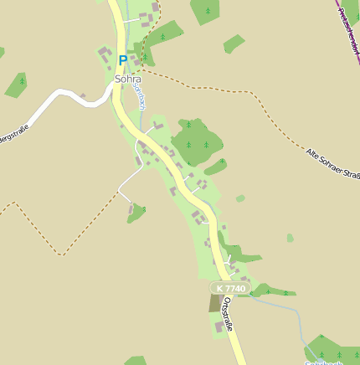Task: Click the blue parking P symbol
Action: (x=123, y=60)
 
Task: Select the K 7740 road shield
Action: (x=231, y=288)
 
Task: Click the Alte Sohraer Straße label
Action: (x=332, y=164)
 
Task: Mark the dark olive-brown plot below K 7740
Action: (x=215, y=302)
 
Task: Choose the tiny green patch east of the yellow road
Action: (x=240, y=198)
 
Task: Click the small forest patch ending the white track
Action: (x=135, y=213)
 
